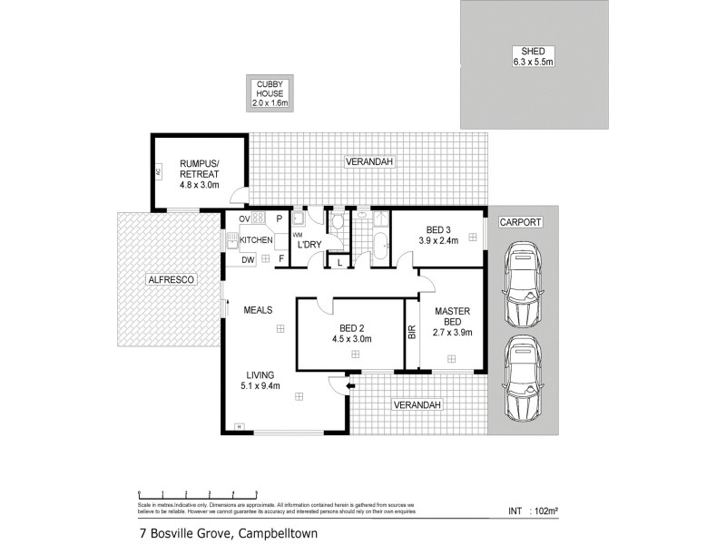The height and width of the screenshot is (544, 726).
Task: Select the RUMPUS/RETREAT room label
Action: pyautogui.click(x=198, y=164)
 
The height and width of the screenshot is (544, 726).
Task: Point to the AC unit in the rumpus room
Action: pyautogui.click(x=158, y=170)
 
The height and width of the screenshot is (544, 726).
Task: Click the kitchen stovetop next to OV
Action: pyautogui.click(x=258, y=219)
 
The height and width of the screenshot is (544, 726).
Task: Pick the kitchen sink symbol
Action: pyautogui.click(x=233, y=240)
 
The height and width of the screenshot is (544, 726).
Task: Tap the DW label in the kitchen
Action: pyautogui.click(x=247, y=260)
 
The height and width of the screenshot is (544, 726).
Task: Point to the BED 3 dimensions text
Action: pyautogui.click(x=436, y=240)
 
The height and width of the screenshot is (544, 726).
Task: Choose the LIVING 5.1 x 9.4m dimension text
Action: pyautogui.click(x=260, y=385)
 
